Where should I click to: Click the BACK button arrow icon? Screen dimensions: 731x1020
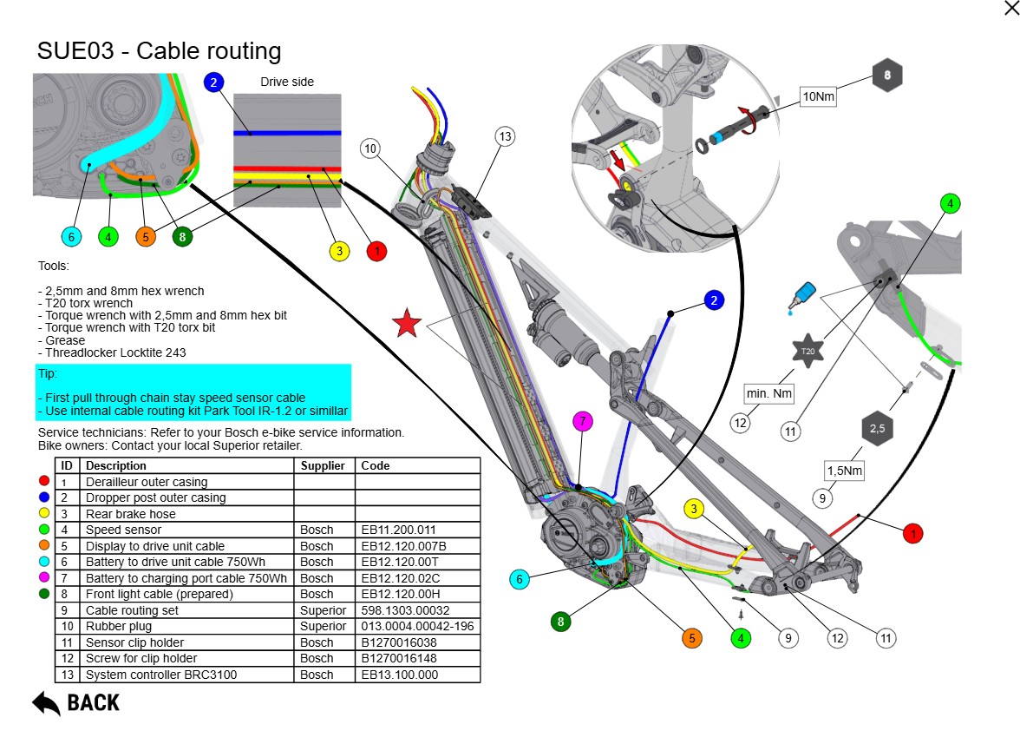46,701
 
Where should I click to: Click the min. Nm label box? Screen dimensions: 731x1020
769,394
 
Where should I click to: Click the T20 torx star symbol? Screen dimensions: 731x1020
807,351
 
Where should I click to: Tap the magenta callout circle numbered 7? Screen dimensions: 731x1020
584,422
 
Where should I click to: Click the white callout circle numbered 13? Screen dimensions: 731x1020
506,136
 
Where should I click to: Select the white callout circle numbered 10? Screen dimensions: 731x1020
370,149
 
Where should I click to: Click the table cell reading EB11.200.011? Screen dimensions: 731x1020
391,530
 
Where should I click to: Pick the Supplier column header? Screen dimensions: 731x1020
324,465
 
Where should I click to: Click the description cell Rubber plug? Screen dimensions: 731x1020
119,626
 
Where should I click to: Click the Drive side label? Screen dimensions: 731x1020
287,82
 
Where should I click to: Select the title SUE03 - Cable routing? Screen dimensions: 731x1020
159,50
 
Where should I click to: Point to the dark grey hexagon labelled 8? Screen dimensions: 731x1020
887,76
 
